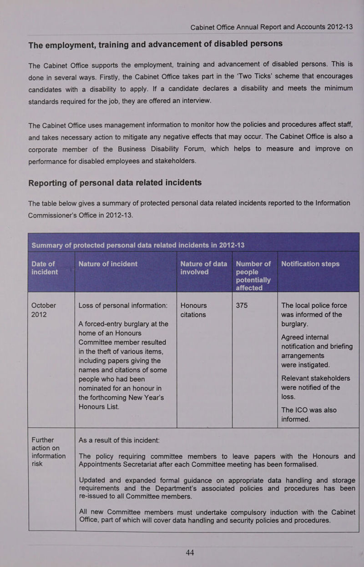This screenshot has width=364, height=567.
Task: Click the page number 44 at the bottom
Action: pyautogui.click(x=190, y=552)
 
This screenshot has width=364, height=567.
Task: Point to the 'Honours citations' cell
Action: pyautogui.click(x=193, y=310)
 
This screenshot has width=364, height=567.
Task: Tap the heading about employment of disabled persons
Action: pyautogui.click(x=155, y=44)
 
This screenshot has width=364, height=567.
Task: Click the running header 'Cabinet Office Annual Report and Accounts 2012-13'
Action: pyautogui.click(x=272, y=27)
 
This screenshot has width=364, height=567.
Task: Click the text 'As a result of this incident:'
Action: pyautogui.click(x=119, y=440)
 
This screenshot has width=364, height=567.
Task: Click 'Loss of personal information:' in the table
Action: pyautogui.click(x=126, y=305)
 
